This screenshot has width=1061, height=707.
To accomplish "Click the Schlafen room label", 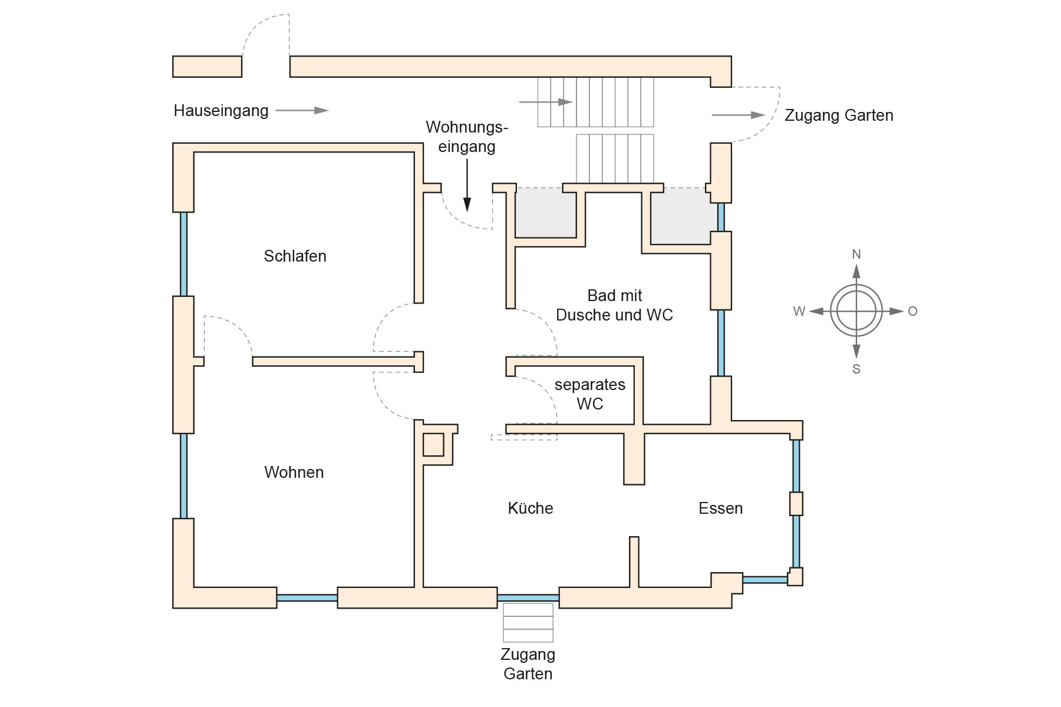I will point(295,256).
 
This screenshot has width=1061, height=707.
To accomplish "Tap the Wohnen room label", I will point(294,473).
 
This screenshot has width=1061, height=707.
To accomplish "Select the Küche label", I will point(530,508).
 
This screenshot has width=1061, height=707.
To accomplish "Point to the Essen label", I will point(720,508).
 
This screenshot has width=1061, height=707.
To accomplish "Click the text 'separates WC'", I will point(589,394).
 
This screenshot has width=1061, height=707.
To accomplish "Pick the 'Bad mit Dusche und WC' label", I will point(614,305).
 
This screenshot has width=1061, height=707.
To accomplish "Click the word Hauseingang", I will point(221,111).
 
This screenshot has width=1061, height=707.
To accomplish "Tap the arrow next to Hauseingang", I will point(302,110).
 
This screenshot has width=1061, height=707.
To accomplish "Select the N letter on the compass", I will point(856,255).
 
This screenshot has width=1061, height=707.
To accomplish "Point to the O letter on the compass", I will point(912,312).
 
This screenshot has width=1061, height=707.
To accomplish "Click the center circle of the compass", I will point(856,311).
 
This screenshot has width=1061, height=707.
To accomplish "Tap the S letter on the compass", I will point(856,369).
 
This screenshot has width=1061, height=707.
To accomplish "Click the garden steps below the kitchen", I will point(528,623).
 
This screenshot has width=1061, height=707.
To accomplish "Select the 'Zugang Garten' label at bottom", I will point(528,664).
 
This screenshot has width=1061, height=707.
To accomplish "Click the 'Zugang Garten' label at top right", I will point(839,115).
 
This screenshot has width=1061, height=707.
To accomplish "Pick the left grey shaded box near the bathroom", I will point(546,213).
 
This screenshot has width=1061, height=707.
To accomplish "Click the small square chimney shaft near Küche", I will point(433,444).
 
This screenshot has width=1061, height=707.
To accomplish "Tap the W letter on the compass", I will point(799,312).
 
